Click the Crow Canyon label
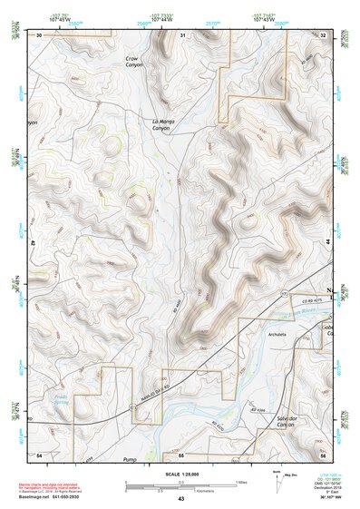point(135,63)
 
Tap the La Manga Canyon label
point(161,124)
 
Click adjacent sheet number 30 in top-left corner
point(39,34)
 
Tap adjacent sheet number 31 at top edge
point(182,34)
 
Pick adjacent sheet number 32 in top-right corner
point(323,34)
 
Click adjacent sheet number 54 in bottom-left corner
point(39,454)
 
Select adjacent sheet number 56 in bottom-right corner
point(323,454)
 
